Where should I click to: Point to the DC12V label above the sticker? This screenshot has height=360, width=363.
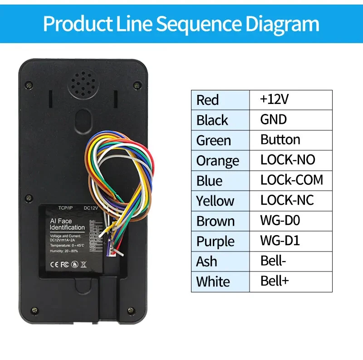pyautogui.click(x=92, y=208)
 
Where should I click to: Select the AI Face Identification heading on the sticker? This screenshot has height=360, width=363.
pyautogui.click(x=67, y=225)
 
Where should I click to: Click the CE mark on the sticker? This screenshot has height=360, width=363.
pyautogui.click(x=54, y=262)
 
